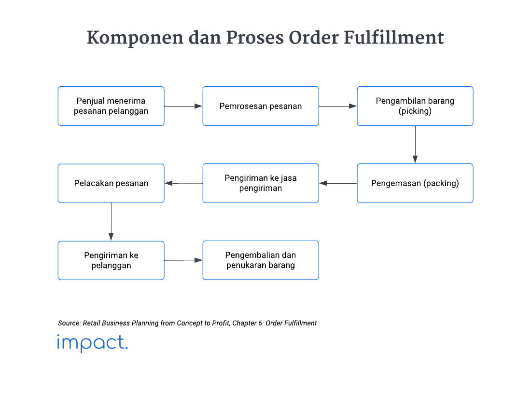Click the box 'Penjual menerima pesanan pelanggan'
point(111,106)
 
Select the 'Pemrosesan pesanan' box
point(261,106)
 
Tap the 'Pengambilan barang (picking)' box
point(415,106)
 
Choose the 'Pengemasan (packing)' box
point(415,183)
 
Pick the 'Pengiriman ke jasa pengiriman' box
point(261,183)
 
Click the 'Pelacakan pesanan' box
point(111,183)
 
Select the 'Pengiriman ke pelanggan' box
point(111,260)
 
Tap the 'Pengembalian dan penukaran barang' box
point(261,260)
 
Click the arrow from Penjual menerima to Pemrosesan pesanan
point(183,106)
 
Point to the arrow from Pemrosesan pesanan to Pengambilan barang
point(338,106)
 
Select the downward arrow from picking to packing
point(415,145)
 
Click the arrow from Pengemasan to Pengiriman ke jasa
point(338,183)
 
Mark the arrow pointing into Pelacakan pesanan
point(183,183)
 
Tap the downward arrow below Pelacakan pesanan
point(111,222)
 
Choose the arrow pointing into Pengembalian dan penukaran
point(183,260)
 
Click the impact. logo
point(92,343)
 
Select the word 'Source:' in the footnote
point(69,323)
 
